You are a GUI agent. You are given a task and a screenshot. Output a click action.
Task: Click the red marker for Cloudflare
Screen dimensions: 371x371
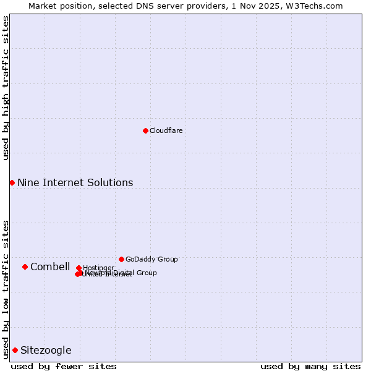(145, 130)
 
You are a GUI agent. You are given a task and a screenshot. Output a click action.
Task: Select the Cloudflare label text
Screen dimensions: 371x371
(166, 130)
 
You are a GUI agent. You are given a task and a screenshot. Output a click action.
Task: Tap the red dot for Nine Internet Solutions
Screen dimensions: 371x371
(12, 182)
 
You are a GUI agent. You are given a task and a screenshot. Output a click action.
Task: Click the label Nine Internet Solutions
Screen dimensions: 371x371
(75, 182)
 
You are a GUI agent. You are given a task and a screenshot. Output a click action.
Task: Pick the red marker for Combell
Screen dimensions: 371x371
(25, 267)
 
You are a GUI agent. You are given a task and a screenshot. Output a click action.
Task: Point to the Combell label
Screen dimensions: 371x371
(50, 267)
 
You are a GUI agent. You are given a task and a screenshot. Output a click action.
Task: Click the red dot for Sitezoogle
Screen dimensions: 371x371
(15, 350)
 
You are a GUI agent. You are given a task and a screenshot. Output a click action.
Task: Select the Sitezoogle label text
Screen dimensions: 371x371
(46, 350)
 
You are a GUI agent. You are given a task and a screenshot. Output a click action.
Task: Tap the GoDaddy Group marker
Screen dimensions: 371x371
(121, 259)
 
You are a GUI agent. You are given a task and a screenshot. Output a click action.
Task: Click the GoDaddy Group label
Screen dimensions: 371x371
(151, 259)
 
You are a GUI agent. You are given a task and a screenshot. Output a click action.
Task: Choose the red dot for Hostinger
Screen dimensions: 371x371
(79, 268)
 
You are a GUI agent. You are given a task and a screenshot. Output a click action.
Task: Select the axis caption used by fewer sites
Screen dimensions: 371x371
(64, 366)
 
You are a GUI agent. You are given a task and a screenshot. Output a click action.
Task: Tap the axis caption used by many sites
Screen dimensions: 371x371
(310, 366)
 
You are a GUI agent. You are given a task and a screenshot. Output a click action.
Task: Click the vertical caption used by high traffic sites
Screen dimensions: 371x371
(6, 88)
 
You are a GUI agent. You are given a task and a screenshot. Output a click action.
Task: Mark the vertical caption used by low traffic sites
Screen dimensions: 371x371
(6, 289)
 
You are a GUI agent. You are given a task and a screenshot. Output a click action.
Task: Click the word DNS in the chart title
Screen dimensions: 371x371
(143, 6)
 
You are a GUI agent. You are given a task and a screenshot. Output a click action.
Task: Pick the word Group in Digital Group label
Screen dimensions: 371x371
(146, 273)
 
